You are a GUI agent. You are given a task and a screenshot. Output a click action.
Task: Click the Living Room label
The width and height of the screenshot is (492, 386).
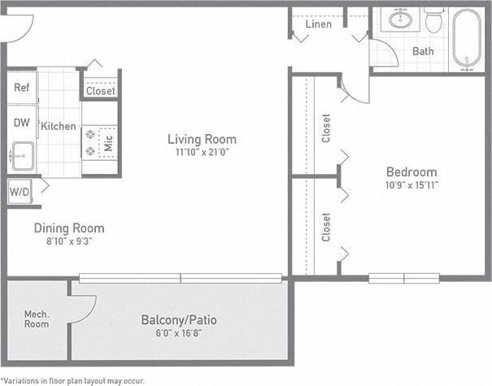202,139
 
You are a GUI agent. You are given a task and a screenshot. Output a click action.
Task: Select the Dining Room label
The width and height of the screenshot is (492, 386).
69,228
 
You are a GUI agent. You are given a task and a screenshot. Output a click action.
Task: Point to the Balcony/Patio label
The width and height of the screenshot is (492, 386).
179,319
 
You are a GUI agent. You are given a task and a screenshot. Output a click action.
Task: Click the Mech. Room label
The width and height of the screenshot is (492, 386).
36,319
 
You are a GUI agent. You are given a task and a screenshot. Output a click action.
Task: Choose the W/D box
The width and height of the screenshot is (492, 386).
19,192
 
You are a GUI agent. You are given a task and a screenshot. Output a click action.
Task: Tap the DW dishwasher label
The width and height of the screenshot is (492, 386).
21,124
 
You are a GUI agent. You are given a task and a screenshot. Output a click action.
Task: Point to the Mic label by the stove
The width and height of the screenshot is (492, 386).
107,144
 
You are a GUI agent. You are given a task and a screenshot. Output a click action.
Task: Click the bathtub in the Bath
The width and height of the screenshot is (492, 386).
467,39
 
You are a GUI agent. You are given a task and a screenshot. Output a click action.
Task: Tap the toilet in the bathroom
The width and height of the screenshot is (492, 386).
433,21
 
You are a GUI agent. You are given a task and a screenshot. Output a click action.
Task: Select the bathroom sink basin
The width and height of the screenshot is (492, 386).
400,20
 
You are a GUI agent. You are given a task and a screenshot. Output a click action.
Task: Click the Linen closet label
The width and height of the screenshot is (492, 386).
318,24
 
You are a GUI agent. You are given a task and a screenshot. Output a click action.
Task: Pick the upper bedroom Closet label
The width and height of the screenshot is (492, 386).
326,128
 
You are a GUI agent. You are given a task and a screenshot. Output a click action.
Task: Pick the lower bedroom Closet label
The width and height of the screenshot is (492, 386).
326,227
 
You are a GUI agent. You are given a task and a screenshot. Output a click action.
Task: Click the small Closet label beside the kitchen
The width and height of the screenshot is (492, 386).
100,91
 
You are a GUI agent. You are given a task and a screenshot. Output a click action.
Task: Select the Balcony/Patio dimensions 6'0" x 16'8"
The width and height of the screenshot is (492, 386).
179,333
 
